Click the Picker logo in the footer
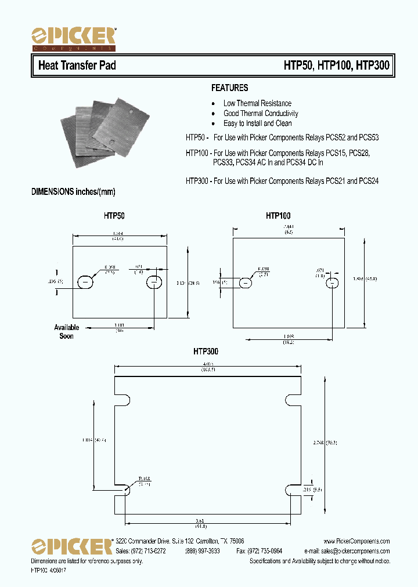tap(71, 546)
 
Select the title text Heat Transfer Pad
tap(77, 66)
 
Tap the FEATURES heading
tap(229, 88)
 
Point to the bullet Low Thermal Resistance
tap(257, 103)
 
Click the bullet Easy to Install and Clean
tap(257, 124)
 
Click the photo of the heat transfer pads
tap(103, 132)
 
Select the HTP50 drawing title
tap(114, 216)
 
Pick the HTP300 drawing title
tap(206, 352)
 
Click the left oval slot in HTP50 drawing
tap(85, 282)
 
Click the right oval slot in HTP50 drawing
tap(154, 282)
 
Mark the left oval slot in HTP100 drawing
tap(246, 282)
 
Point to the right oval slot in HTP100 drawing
tap(333, 282)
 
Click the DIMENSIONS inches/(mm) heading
tap(77, 192)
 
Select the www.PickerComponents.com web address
tap(356, 541)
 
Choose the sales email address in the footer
tap(347, 551)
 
